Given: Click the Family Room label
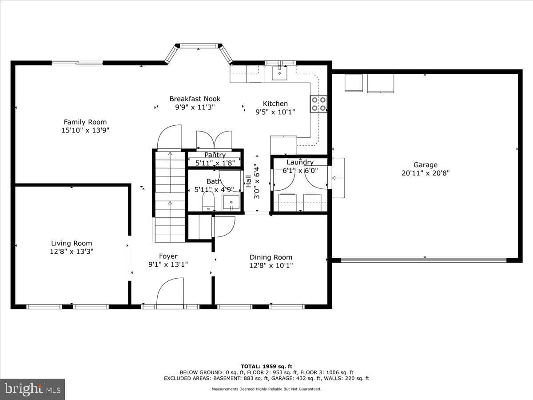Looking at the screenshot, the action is tap(85, 122).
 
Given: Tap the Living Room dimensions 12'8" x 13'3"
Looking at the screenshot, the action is tap(72, 252).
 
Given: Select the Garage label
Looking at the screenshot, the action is tap(426, 165).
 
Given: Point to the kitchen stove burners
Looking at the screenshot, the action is tap(318, 104).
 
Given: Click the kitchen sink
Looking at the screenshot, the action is tap(279, 73).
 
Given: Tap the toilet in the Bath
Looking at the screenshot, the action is tap(208, 201).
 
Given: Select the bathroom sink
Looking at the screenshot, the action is tap(231, 203).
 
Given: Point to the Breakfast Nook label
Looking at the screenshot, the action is tap(195, 99).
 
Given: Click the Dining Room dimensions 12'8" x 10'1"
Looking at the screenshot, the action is tap(271, 265).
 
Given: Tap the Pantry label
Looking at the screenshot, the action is tap(215, 155).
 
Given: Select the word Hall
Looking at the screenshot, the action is tap(248, 181).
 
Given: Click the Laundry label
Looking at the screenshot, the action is tap(300, 162).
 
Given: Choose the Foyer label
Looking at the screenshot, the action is tap(168, 256).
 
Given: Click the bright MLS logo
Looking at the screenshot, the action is tap(32, 389).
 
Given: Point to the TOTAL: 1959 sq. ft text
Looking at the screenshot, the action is tap(266, 367).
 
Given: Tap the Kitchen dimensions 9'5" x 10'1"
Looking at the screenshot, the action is tap(275, 112).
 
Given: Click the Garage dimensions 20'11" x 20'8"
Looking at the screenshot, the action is tap(426, 173).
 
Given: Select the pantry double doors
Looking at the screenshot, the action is tap(214, 140).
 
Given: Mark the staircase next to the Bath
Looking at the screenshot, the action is tap(170, 197).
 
